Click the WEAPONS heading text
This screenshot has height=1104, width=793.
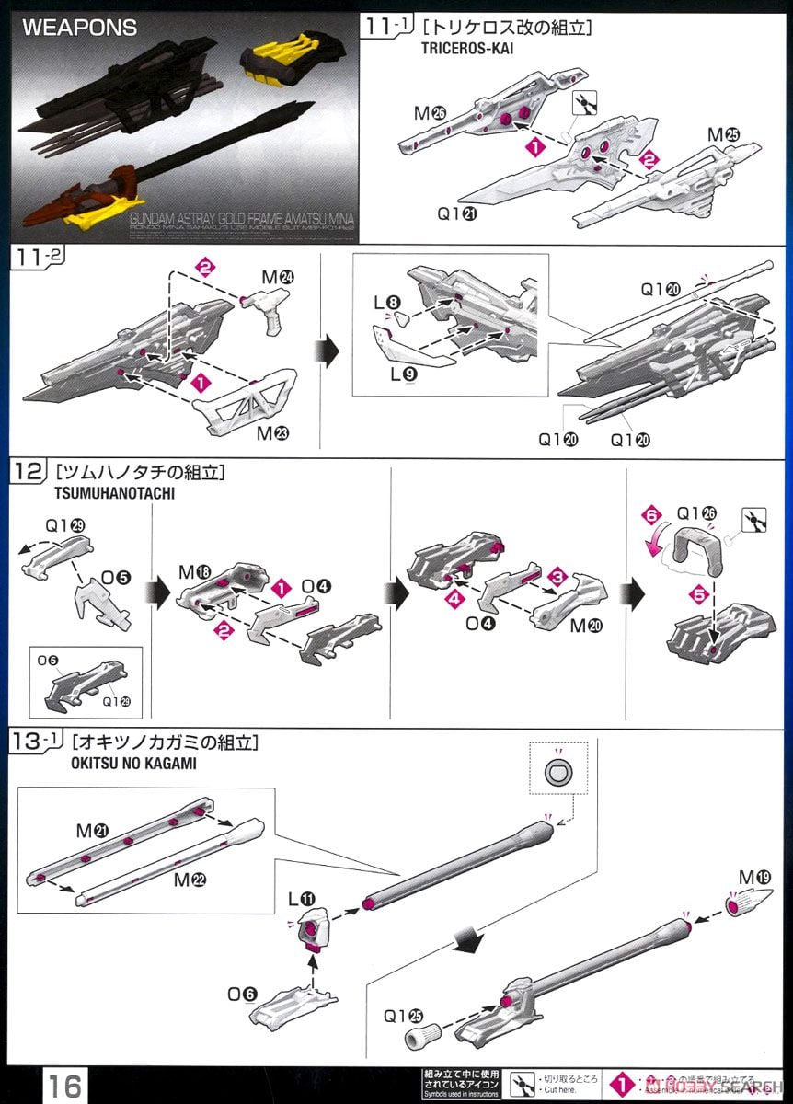point(79,28)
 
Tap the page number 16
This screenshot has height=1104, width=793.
point(65,1080)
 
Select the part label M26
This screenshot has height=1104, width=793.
point(429,113)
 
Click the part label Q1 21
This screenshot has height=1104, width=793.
point(457,214)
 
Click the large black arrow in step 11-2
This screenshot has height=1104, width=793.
point(328,351)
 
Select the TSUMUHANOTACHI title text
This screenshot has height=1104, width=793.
point(108,493)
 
